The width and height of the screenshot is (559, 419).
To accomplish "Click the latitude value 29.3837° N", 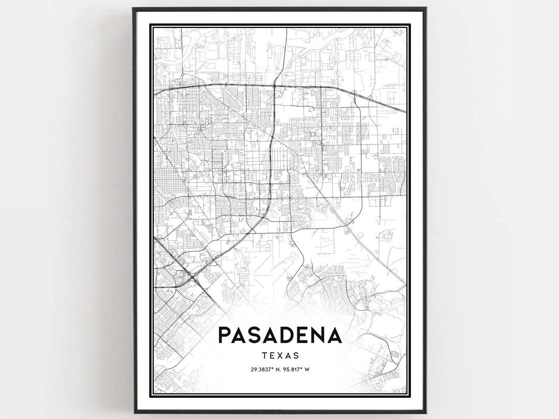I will click(x=264, y=370).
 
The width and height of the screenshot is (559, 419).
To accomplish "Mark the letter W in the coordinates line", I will click(x=307, y=370).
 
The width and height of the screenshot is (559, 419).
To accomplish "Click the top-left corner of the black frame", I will click(x=134, y=8).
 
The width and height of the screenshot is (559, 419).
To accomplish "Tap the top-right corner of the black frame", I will click(x=425, y=8).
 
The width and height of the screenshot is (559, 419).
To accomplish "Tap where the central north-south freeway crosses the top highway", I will click(x=274, y=86).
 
